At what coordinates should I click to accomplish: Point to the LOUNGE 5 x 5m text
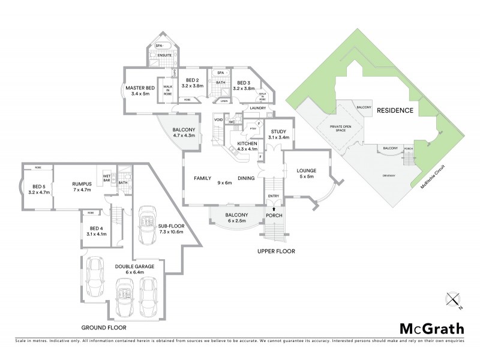(x=305, y=174)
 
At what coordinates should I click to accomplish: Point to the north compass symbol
(x=453, y=300)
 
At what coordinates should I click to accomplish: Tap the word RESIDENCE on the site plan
(x=395, y=110)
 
